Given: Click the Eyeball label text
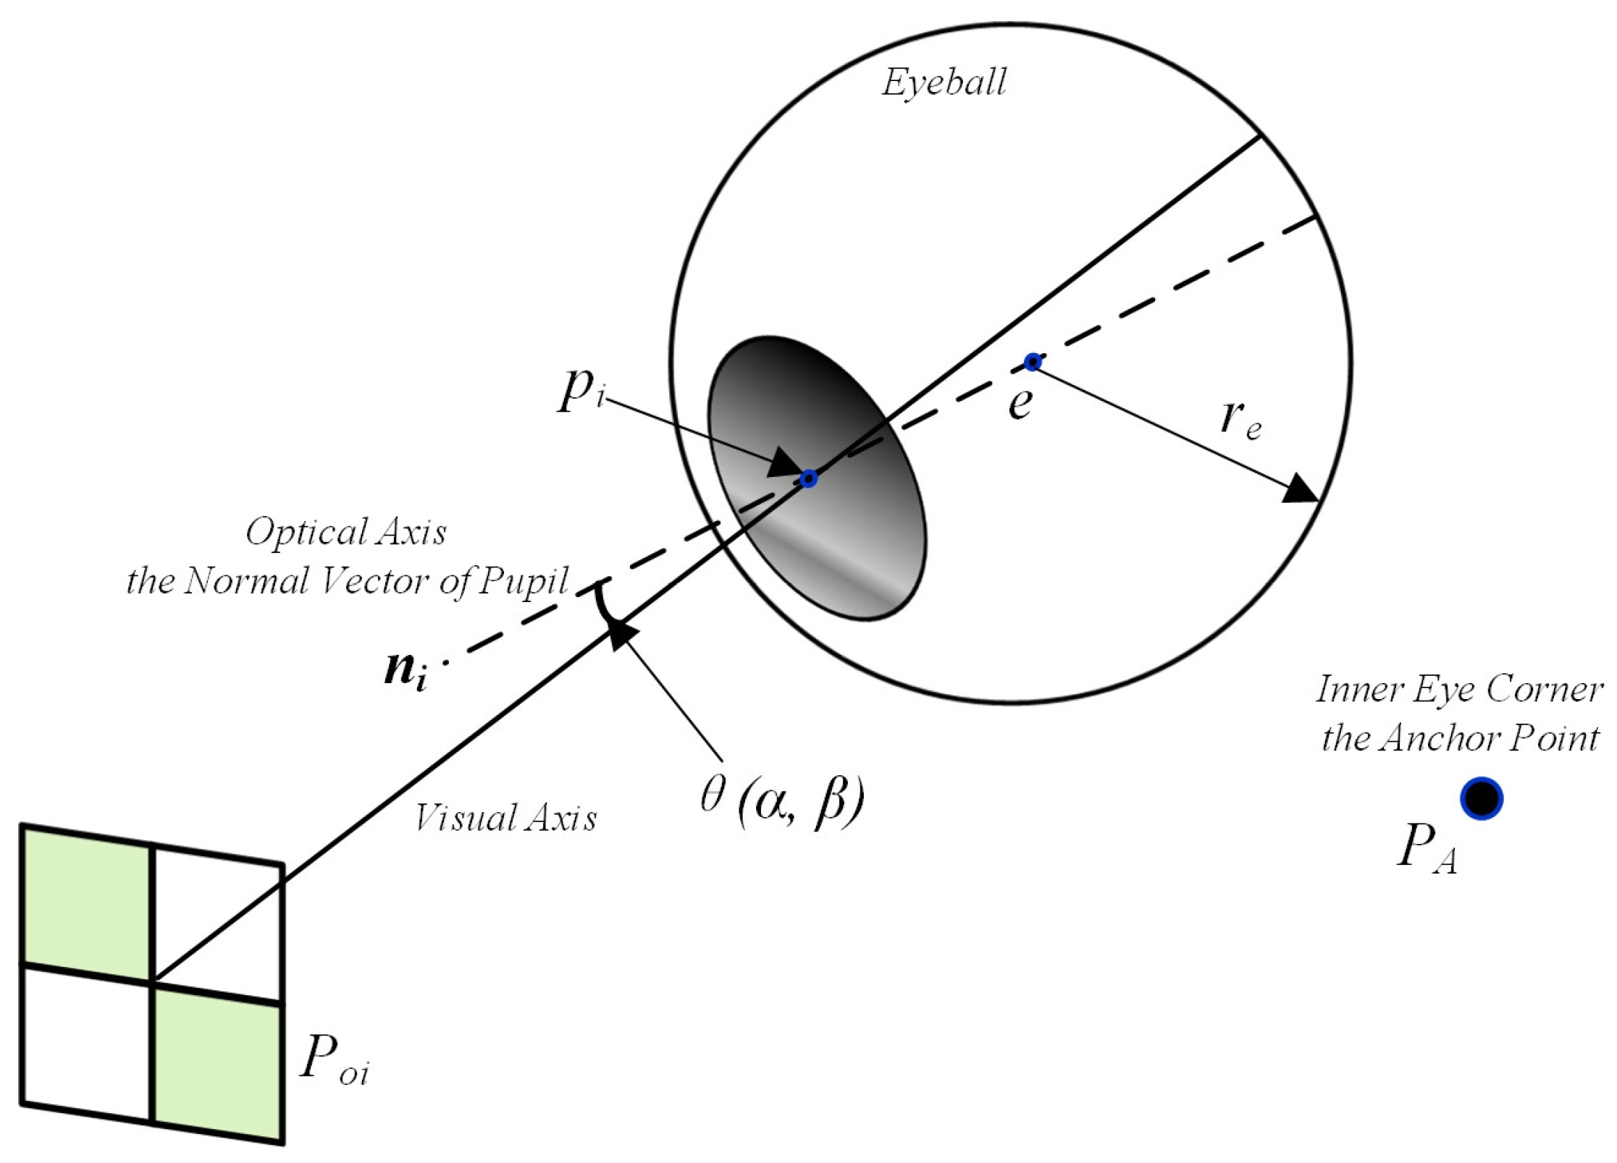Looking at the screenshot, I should pyautogui.click(x=944, y=83).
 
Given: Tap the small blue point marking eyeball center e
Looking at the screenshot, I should pyautogui.click(x=1033, y=362).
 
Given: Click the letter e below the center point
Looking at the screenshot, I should pyautogui.click(x=1020, y=403).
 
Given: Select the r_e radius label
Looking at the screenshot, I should pyautogui.click(x=1240, y=420).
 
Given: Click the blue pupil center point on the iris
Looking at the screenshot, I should pyautogui.click(x=809, y=478).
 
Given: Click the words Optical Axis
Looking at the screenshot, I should pyautogui.click(x=346, y=533).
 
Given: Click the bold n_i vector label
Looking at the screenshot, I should pyautogui.click(x=405, y=672).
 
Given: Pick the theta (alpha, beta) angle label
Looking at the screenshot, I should pyautogui.click(x=782, y=800).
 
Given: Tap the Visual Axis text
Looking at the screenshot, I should pyautogui.click(x=505, y=819).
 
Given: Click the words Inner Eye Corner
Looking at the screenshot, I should pyautogui.click(x=1458, y=690).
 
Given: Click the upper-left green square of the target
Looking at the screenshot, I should pyautogui.click(x=87, y=903).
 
